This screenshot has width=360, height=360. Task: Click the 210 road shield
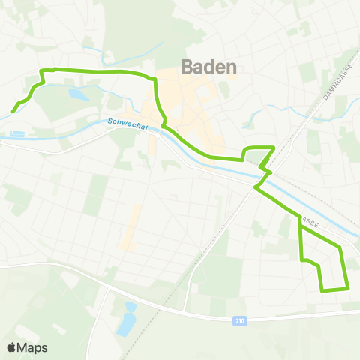239,320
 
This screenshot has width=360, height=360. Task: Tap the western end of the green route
12,112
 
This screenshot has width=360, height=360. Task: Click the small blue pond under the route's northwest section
78,94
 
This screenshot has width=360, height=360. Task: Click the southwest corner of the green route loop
322,290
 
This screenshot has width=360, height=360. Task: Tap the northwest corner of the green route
41,70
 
